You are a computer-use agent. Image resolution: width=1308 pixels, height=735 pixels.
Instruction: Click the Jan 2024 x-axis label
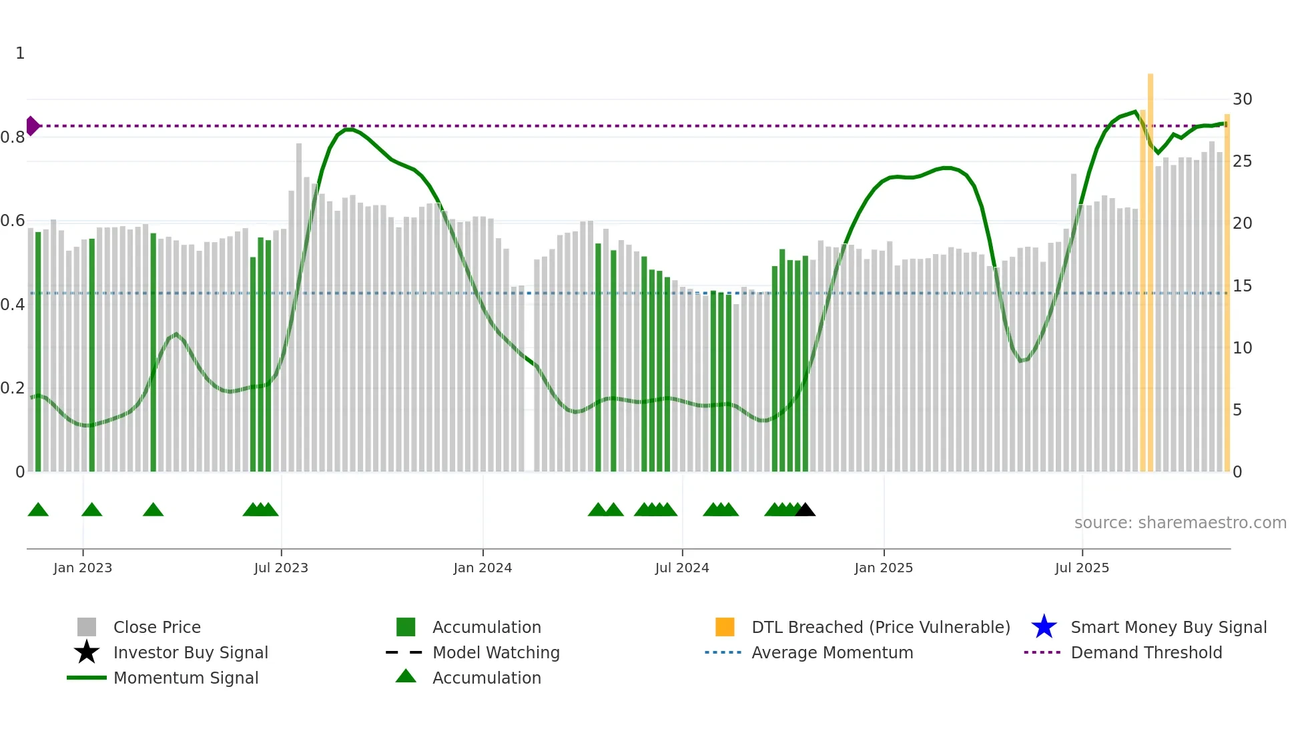click(482, 568)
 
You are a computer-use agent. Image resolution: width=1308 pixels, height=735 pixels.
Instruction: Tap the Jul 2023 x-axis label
click(281, 568)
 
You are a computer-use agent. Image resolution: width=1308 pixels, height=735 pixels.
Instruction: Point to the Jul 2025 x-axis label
click(1082, 568)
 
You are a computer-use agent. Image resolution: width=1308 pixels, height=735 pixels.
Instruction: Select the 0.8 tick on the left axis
click(13, 137)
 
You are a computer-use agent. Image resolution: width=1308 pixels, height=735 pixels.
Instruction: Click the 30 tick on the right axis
click(1242, 99)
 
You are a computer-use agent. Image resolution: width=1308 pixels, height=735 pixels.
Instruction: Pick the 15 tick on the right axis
click(1242, 285)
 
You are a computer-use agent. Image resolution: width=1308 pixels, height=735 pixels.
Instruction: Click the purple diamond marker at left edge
click(32, 125)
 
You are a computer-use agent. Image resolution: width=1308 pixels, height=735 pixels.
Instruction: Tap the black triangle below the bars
click(805, 510)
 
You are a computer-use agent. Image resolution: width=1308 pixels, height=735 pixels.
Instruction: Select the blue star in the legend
click(1044, 627)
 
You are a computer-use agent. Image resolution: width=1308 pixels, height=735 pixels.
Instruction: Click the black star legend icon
click(87, 652)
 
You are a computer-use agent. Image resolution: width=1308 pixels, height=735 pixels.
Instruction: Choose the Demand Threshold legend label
click(1146, 652)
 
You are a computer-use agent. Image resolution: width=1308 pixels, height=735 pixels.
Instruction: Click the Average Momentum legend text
click(832, 652)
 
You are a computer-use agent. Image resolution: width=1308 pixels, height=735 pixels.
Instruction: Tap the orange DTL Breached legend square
click(725, 627)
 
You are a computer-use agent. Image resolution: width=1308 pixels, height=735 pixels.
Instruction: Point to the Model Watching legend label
click(496, 652)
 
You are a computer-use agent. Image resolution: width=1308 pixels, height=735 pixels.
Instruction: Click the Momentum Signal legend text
click(186, 678)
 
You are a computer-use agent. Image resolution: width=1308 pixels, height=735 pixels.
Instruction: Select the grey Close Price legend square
click(87, 627)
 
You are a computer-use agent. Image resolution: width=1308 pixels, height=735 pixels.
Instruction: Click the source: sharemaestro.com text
click(1180, 523)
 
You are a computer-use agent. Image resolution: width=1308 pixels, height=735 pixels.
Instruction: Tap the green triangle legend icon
click(406, 676)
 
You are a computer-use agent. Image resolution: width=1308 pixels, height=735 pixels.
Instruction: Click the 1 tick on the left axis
click(20, 53)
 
